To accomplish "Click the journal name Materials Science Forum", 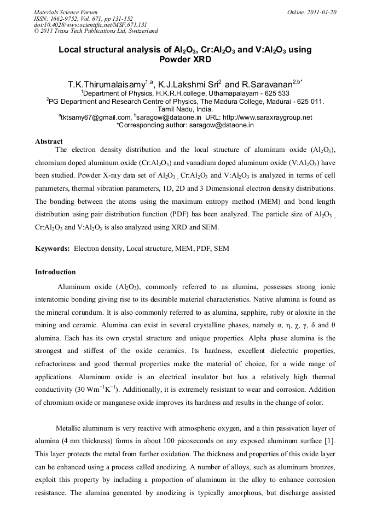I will (66, 12).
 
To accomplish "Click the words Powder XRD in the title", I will (185, 60).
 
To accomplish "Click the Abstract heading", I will (49, 142).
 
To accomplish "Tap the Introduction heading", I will (55, 272).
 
